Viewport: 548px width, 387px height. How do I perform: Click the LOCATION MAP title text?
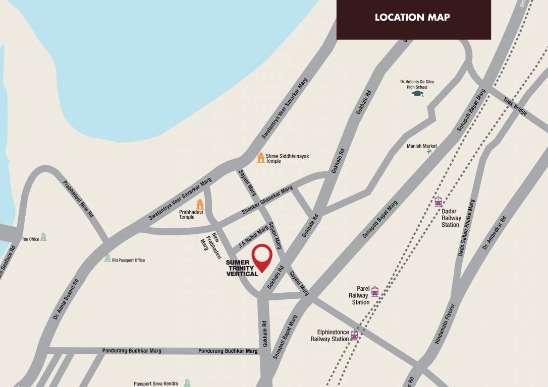click(412, 18)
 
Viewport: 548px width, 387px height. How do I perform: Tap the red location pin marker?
click(262, 257)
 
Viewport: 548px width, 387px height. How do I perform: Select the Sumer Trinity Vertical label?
click(242, 268)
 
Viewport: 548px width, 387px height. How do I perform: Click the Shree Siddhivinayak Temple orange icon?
click(260, 158)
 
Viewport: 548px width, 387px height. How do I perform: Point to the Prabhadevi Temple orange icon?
click(200, 204)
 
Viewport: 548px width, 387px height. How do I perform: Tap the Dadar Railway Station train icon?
click(438, 202)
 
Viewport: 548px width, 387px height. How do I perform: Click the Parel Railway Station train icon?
click(374, 291)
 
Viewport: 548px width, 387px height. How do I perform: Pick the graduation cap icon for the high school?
click(417, 93)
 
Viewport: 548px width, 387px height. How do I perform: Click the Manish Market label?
click(422, 146)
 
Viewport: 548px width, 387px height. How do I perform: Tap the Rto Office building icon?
click(43, 237)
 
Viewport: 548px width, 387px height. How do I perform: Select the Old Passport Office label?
click(128, 260)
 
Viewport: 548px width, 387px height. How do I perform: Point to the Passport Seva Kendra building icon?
click(187, 383)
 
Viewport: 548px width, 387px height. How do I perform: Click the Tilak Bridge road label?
click(515, 106)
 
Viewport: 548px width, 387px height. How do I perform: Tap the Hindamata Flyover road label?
click(445, 324)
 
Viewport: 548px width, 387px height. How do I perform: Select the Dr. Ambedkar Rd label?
click(494, 233)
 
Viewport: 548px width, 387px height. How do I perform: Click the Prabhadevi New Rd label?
click(78, 199)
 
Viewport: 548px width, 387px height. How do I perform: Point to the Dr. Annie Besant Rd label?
click(66, 300)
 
